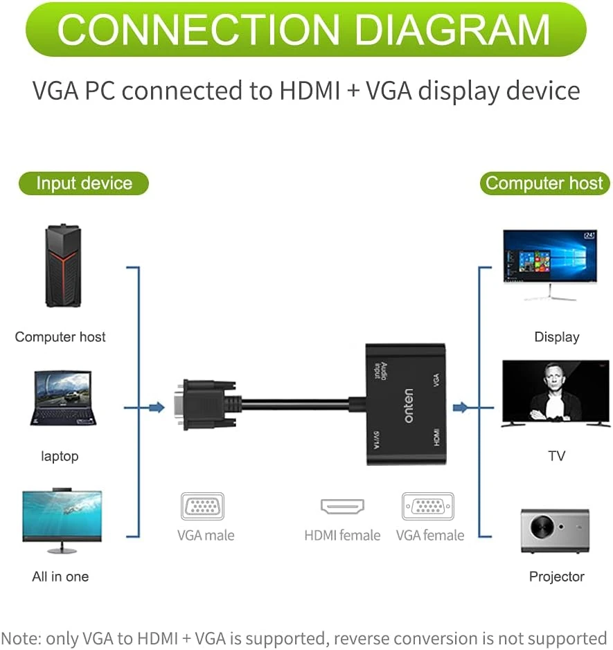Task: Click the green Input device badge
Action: (84, 183)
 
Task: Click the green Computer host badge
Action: (544, 183)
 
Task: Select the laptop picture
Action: (62, 399)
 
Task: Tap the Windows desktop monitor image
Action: (550, 259)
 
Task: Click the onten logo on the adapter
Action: (409, 405)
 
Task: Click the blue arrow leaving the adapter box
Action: (461, 407)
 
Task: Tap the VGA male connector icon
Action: (202, 507)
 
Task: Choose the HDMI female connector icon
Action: (342, 507)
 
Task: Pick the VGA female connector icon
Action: (428, 507)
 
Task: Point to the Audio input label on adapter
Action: (378, 370)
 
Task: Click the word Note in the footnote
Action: (21, 638)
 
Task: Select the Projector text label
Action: (556, 577)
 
